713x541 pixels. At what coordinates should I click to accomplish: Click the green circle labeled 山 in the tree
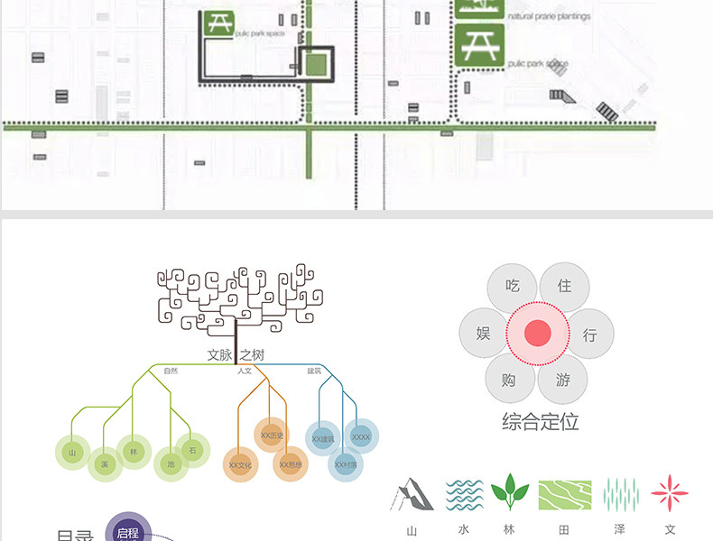(73, 450)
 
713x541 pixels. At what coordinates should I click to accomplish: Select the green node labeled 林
(133, 450)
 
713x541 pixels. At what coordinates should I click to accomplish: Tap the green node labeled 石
(191, 448)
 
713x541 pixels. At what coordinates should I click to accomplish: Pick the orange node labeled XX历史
(272, 436)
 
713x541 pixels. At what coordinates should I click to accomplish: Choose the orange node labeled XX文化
(240, 464)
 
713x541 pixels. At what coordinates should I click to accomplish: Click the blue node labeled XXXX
(361, 437)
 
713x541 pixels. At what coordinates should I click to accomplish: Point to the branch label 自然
(171, 371)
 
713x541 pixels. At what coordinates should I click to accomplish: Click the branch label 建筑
(314, 371)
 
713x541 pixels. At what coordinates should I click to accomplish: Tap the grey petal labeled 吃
(513, 287)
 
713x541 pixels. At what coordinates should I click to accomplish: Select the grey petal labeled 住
(564, 287)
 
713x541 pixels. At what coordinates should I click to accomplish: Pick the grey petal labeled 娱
(484, 334)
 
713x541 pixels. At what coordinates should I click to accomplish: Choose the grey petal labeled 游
(563, 380)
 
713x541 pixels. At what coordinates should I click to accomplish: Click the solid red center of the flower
(538, 334)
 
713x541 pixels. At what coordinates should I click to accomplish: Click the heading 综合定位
(540, 421)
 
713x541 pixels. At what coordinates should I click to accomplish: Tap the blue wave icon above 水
(465, 495)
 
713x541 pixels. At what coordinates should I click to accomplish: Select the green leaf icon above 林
(510, 494)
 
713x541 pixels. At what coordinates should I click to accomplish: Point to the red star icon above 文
(670, 494)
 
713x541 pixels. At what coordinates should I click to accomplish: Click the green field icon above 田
(565, 495)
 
